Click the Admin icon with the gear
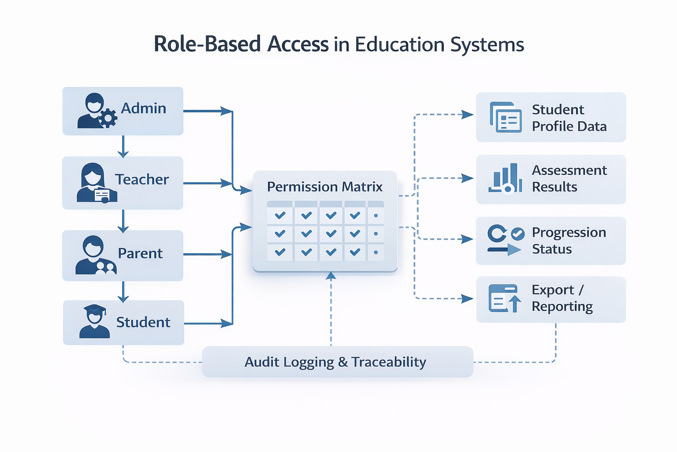tap(97, 111)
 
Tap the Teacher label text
tap(141, 180)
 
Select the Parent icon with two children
tap(95, 256)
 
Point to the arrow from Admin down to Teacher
tap(123, 146)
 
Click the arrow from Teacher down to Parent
tap(123, 221)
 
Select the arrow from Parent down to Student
tap(123, 291)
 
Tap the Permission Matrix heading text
tap(324, 187)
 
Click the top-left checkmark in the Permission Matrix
tap(280, 215)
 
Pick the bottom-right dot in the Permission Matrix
tap(376, 252)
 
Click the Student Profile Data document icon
tap(506, 117)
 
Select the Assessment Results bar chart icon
tap(505, 178)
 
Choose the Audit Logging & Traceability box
tap(337, 362)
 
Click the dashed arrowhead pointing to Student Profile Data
tap(467, 115)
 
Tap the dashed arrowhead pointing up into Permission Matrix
tap(331, 276)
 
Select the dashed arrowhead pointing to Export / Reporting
tap(467, 299)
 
